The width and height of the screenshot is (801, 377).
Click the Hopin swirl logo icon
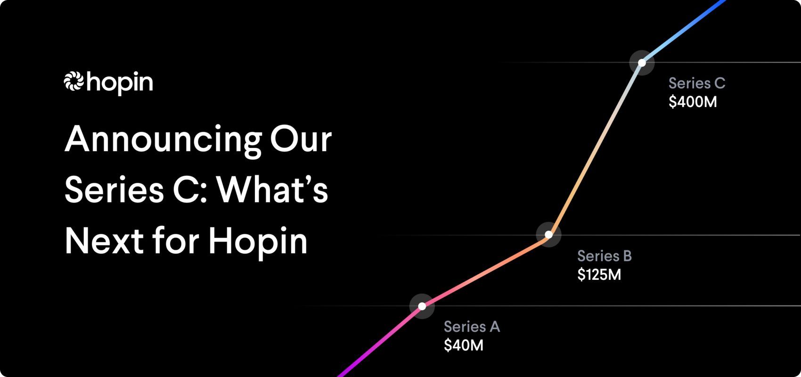coord(74,82)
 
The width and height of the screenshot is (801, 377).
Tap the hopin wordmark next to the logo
coord(120,83)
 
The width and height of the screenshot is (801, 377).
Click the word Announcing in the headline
coord(163,140)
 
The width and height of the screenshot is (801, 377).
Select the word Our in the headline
coord(301,140)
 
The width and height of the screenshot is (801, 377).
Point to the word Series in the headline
coord(114,190)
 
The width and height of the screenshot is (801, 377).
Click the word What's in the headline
coord(272,190)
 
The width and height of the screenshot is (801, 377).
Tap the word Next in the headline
coord(104,241)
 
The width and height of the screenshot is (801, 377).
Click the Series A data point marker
coord(422,306)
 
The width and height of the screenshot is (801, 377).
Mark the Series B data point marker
coord(548,234)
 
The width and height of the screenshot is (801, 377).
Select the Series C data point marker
coord(642,62)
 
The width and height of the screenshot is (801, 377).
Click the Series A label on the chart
coord(472,327)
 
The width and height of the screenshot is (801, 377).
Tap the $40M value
coord(464,345)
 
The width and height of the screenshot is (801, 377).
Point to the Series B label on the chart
coord(605,256)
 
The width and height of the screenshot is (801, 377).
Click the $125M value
coord(599,275)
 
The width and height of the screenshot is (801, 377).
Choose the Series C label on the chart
coord(697,83)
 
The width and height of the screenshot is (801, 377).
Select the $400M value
coord(693,102)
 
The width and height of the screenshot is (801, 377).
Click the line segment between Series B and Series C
coord(595,148)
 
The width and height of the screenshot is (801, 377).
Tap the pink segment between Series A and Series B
coord(485,270)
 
